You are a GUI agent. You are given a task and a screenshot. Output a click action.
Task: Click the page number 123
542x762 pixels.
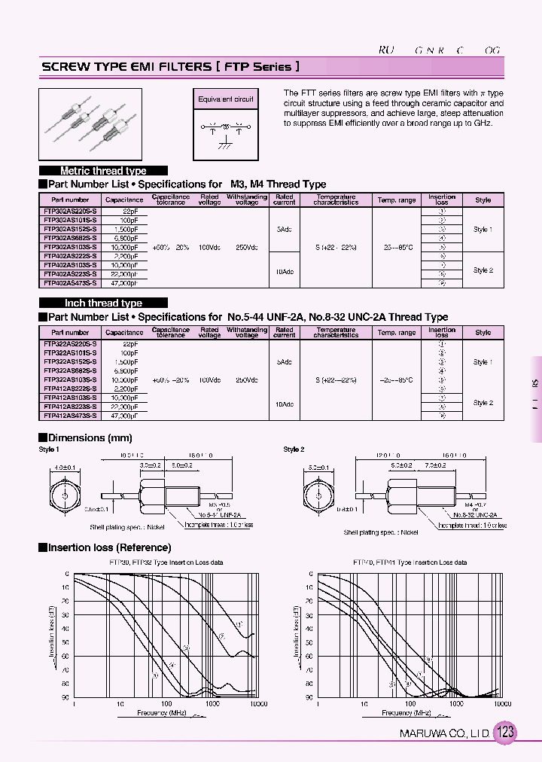(506, 732)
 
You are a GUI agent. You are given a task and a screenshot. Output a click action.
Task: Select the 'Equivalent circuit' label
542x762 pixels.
(226, 99)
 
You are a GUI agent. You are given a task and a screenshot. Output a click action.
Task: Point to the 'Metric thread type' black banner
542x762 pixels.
(103, 171)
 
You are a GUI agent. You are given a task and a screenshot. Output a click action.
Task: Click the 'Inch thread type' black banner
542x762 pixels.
(103, 303)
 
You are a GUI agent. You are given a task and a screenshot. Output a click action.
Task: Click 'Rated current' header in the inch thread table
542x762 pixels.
(284, 331)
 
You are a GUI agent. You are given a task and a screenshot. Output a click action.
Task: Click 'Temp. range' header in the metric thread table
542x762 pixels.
(397, 200)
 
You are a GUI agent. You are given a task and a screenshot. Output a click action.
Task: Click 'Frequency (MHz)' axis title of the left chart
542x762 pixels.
(162, 712)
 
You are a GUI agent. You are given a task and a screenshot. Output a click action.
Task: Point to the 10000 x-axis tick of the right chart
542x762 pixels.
(502, 703)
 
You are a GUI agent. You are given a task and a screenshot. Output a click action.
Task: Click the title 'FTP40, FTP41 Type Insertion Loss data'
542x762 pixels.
(410, 562)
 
